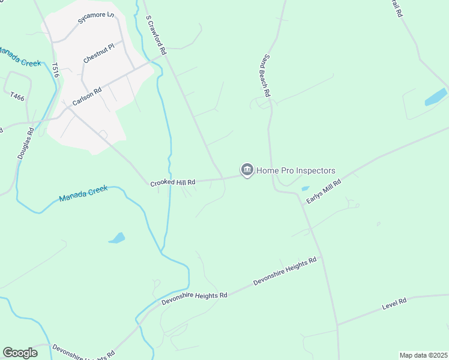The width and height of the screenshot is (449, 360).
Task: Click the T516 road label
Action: click(x=56, y=70)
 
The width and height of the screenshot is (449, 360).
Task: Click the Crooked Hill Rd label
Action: click(x=173, y=182)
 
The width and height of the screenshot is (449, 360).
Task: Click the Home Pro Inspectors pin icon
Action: click(x=247, y=170)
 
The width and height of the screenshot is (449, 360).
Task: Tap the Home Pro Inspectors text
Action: click(x=296, y=171)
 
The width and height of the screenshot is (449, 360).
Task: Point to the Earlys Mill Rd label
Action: click(x=324, y=191)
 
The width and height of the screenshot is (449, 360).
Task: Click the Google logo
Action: click(x=20, y=353)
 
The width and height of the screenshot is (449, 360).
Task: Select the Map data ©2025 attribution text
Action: click(x=423, y=355)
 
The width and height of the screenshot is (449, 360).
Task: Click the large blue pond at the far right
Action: click(x=436, y=97)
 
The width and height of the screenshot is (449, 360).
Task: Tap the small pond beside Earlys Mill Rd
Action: click(x=306, y=188)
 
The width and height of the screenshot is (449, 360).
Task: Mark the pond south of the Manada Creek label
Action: click(x=116, y=238)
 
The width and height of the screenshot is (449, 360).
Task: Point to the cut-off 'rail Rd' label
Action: click(x=397, y=9)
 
